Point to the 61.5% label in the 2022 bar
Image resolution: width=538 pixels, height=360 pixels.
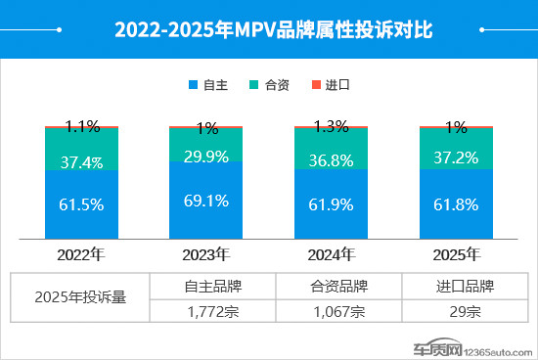point(82,204)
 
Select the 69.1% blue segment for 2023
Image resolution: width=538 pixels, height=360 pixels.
point(206,202)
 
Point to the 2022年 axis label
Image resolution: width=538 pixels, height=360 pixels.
point(81,254)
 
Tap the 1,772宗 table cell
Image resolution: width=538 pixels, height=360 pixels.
point(211,312)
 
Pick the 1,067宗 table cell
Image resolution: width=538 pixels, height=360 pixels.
point(338,312)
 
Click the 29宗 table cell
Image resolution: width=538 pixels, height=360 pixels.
point(466,312)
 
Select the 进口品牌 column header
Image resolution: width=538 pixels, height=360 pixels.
point(466,287)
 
